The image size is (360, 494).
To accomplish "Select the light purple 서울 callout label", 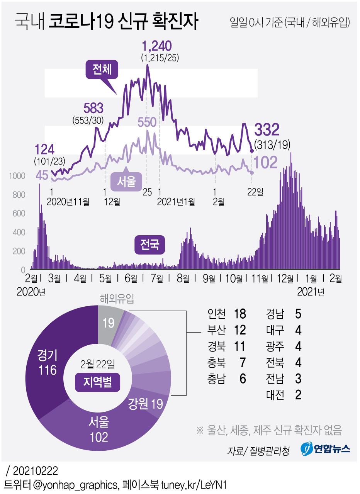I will click(x=126, y=181).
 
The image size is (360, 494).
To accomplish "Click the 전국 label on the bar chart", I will click(x=150, y=245).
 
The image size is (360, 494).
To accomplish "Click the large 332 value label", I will click(x=267, y=130).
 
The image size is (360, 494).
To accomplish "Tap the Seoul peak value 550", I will click(x=147, y=123).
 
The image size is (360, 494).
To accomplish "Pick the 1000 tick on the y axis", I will click(x=17, y=176).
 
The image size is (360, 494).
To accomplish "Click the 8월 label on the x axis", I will click(x=183, y=278).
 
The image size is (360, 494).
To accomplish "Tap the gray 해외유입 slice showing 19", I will click(x=109, y=323).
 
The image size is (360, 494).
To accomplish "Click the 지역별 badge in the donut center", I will click(x=97, y=384).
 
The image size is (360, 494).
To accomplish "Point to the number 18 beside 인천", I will click(x=240, y=314).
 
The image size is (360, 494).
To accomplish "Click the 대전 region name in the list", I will click(x=275, y=395).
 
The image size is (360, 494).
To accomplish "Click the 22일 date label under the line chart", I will click(x=255, y=192).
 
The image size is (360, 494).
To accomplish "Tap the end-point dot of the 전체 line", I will click(x=252, y=151).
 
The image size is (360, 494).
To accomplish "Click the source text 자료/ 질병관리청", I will click(x=258, y=451).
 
